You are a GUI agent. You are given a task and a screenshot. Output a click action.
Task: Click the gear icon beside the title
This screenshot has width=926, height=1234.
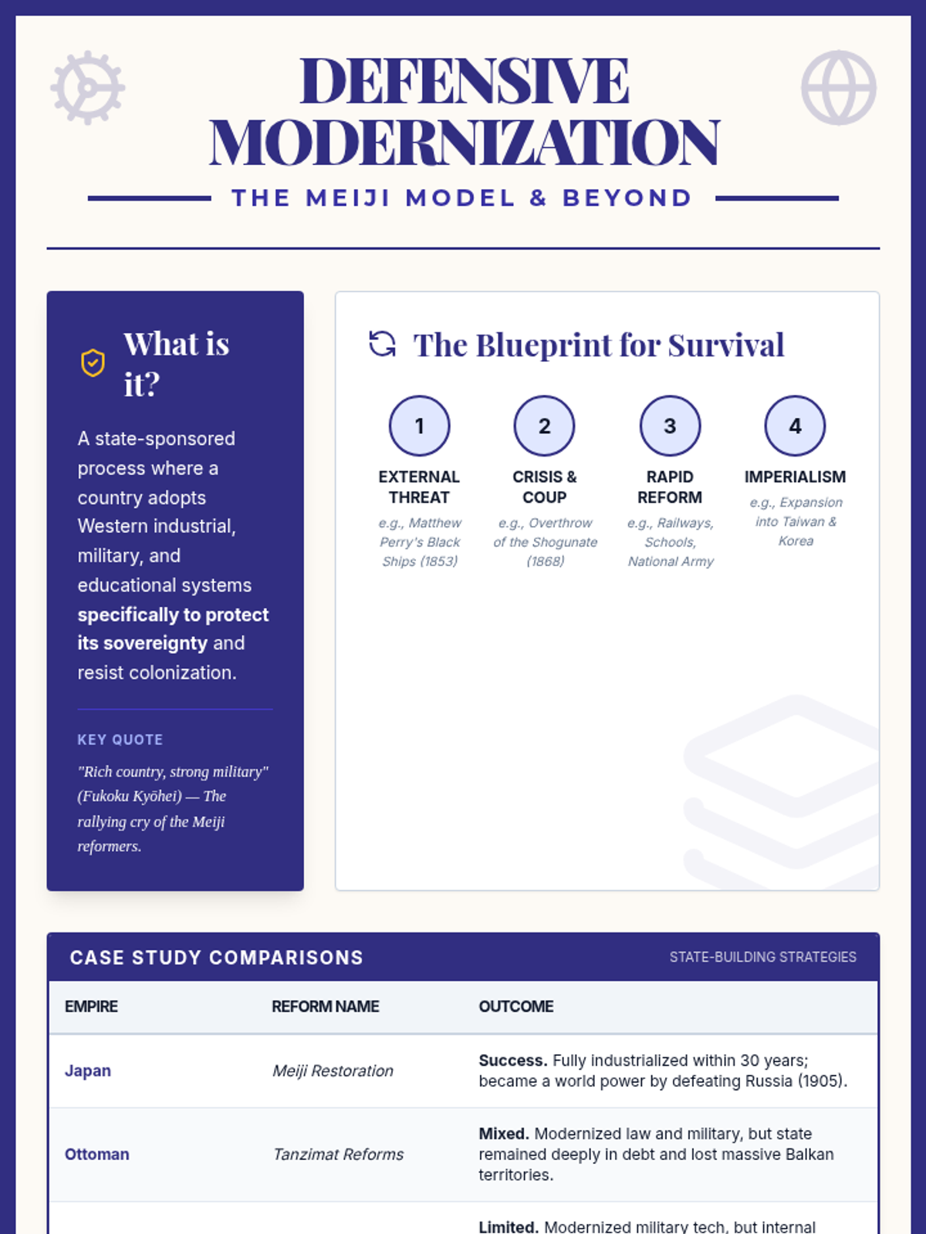88,88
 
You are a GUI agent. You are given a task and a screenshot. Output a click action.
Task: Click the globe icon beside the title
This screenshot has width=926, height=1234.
838,88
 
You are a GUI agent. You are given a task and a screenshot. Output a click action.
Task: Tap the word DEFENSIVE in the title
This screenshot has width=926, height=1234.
464,81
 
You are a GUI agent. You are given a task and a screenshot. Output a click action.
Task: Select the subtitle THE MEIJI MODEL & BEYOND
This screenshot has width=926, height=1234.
462,198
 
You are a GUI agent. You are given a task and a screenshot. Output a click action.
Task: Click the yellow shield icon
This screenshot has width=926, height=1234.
93,362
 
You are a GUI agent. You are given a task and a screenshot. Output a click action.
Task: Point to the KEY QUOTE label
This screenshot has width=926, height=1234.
120,740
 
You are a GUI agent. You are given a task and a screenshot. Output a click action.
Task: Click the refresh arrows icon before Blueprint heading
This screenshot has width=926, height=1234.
382,345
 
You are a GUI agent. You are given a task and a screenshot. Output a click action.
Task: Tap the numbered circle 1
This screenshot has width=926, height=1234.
419,426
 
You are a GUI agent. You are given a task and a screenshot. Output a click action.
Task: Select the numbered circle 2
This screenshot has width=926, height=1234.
544,426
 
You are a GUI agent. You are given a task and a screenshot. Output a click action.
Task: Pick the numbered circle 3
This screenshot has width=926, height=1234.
670,426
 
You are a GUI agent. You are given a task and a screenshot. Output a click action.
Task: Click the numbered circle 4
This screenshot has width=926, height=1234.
795,426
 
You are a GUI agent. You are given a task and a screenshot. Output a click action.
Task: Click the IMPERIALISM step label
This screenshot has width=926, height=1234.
795,477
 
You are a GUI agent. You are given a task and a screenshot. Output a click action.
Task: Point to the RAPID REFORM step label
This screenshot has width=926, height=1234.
670,487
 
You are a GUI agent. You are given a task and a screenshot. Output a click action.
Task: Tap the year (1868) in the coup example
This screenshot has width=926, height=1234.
545,561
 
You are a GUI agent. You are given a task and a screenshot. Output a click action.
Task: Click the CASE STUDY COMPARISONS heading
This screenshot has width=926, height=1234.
216,957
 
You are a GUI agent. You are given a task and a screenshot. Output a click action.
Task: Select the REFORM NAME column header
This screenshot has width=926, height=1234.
325,1006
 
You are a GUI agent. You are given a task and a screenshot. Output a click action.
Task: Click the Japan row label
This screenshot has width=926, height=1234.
88,1070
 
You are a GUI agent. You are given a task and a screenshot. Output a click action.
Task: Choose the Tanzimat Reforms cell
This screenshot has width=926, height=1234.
338,1154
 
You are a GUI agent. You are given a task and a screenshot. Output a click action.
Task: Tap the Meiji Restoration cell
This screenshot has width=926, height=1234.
333,1070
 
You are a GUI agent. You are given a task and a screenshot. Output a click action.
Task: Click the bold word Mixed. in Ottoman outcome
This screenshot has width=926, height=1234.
503,1134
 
